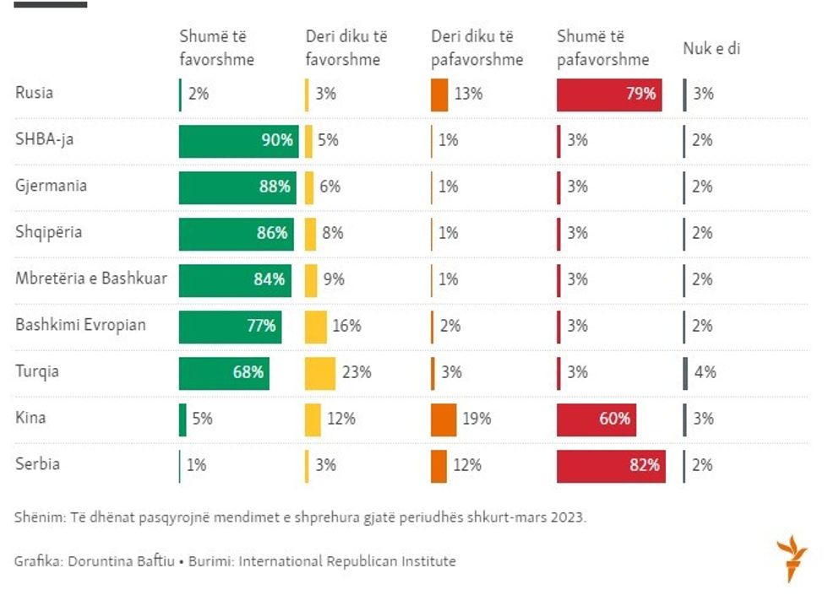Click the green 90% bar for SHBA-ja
point(238,140)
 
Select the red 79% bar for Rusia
point(608,94)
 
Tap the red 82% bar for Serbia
point(610,465)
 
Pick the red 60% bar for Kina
point(596,419)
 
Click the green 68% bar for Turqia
point(224,372)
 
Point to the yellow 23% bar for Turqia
point(319,372)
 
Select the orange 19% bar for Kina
point(443,419)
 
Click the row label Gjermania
point(51,186)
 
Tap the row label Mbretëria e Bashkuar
point(90,279)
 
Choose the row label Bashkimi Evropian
point(80,325)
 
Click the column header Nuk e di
point(711,49)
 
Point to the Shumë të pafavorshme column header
point(602,48)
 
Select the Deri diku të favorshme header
point(346,48)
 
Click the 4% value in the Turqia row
point(705,372)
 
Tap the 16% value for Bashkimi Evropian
point(346,326)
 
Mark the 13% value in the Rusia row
point(467,94)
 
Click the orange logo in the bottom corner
point(792,557)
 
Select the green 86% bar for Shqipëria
point(236,233)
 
